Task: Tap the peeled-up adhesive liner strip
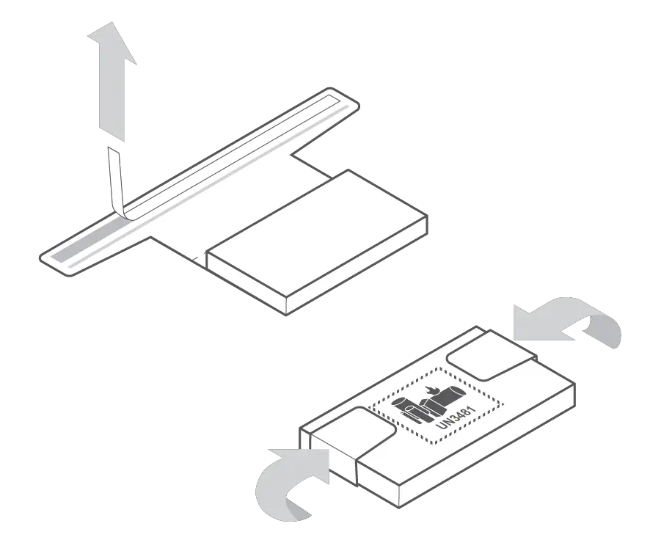115,180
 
